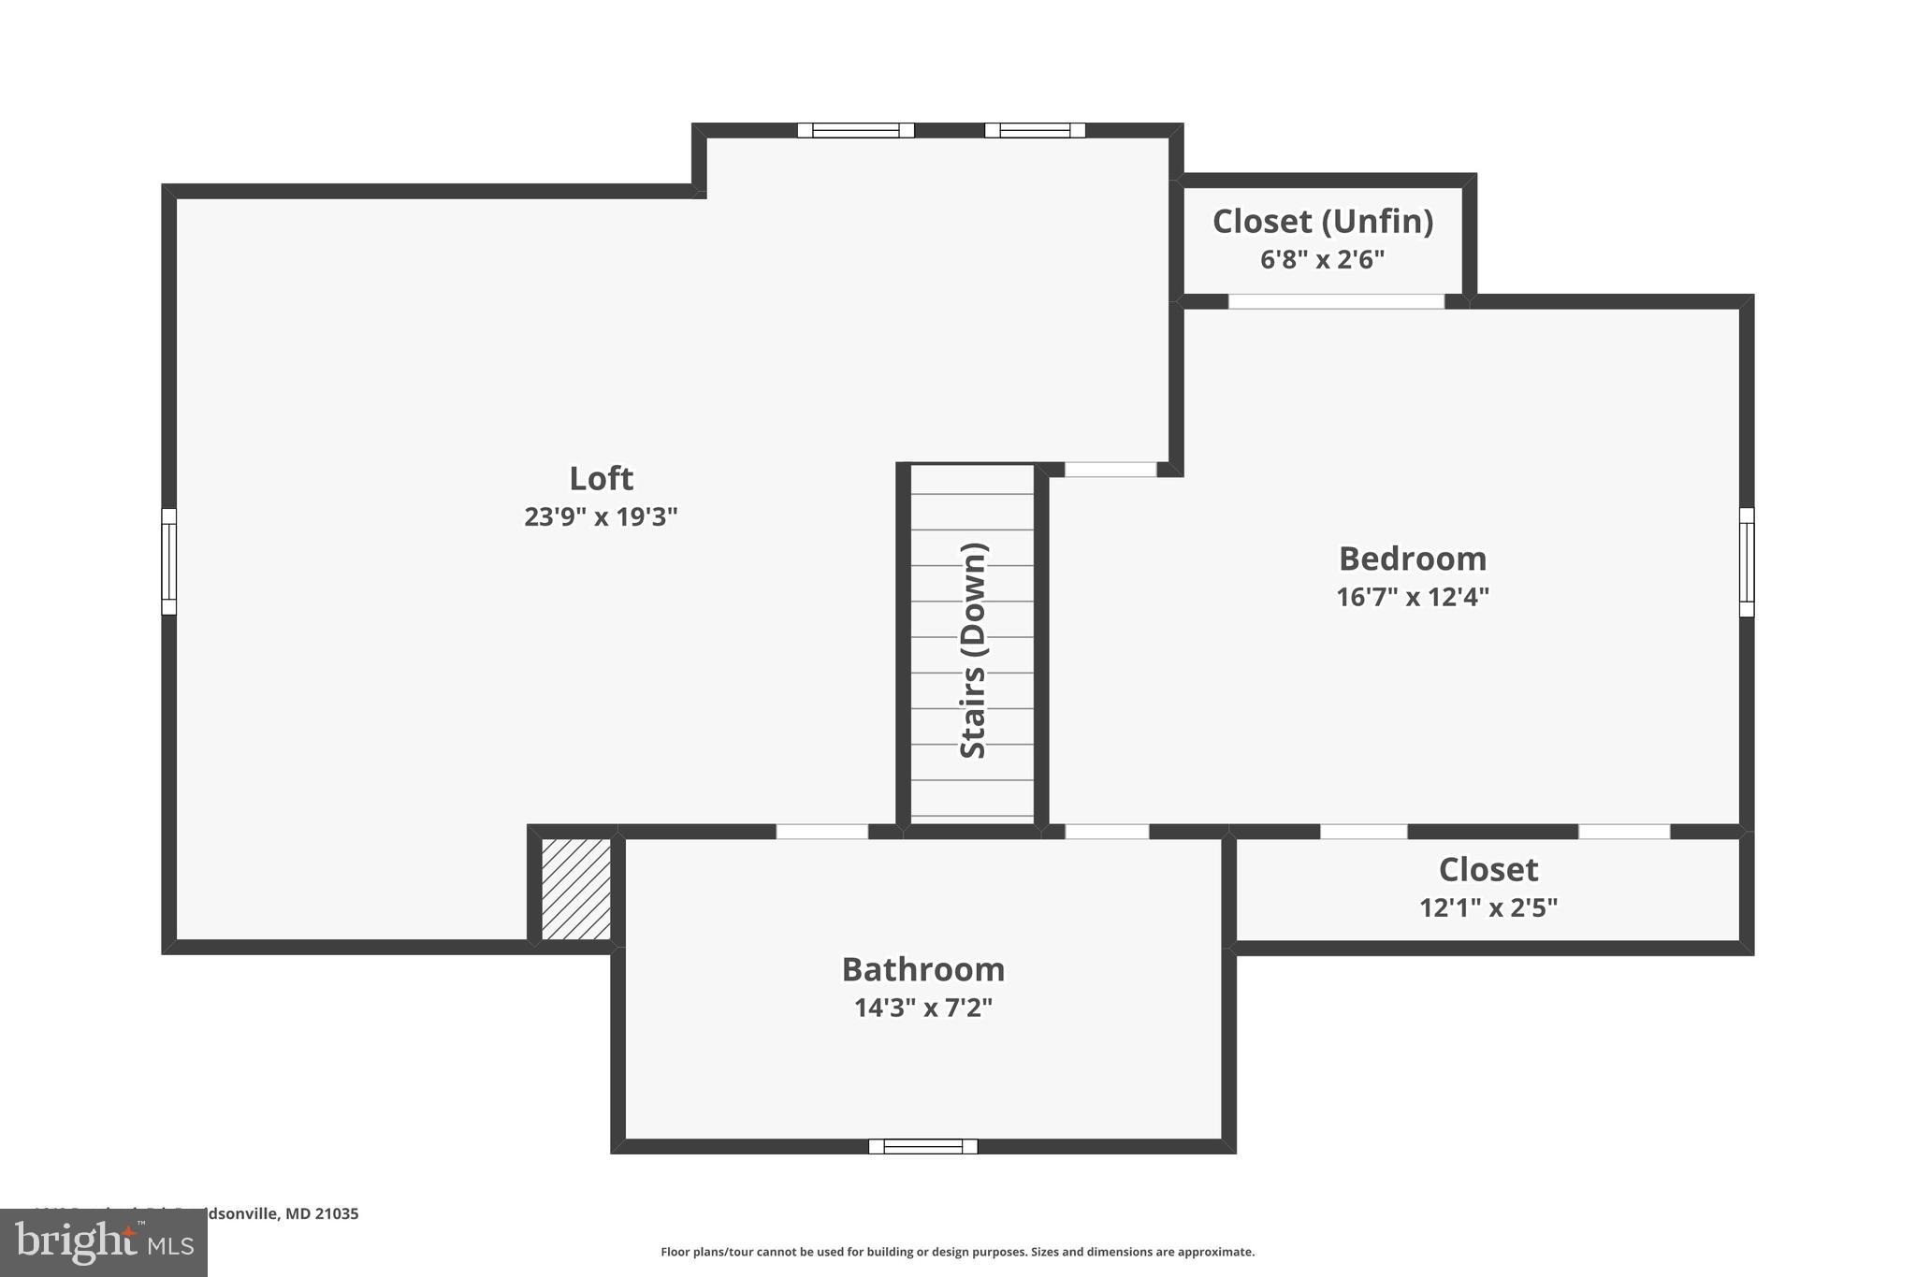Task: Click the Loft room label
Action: pyautogui.click(x=601, y=478)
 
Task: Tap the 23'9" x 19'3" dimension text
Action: pyautogui.click(x=601, y=516)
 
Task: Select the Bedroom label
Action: pyautogui.click(x=1413, y=559)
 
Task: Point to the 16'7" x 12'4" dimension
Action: pyautogui.click(x=1413, y=597)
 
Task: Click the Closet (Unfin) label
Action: pyautogui.click(x=1323, y=222)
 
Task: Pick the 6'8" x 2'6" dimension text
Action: pyautogui.click(x=1323, y=259)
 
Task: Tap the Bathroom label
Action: pyautogui.click(x=923, y=969)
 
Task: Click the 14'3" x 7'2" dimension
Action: pyautogui.click(x=923, y=1008)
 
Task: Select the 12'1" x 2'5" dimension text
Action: pyautogui.click(x=1488, y=907)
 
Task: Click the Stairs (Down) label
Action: pyautogui.click(x=973, y=650)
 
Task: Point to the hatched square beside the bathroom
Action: pyautogui.click(x=576, y=889)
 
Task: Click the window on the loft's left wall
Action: pyautogui.click(x=169, y=561)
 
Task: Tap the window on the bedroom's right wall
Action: pyautogui.click(x=1747, y=562)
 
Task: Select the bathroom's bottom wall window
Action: pyautogui.click(x=923, y=1146)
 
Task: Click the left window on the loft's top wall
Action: pyautogui.click(x=856, y=130)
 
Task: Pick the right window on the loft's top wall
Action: pyautogui.click(x=1035, y=130)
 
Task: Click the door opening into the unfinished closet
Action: pyautogui.click(x=1336, y=301)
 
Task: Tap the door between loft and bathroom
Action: pyautogui.click(x=822, y=831)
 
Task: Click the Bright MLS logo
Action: pyautogui.click(x=104, y=1242)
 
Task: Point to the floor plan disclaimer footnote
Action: pyautogui.click(x=957, y=1252)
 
